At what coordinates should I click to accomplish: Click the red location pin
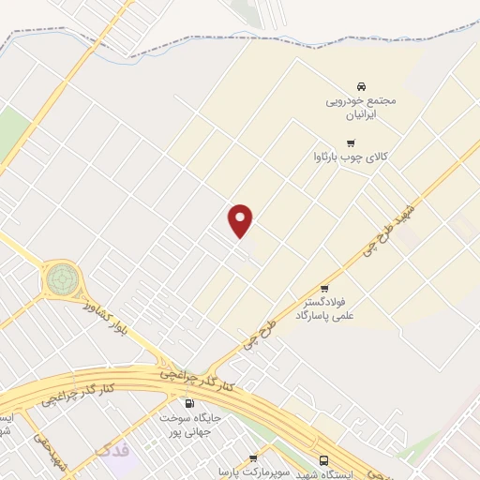(x=241, y=220)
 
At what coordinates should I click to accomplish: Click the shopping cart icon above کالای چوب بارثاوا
(x=351, y=143)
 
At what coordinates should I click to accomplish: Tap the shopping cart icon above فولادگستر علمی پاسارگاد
(x=324, y=288)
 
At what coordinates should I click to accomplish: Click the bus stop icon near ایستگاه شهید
(x=323, y=460)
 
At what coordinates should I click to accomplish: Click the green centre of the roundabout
(x=63, y=277)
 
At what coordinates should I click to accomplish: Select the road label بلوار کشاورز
(x=103, y=317)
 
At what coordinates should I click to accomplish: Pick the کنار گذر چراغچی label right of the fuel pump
(x=202, y=380)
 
